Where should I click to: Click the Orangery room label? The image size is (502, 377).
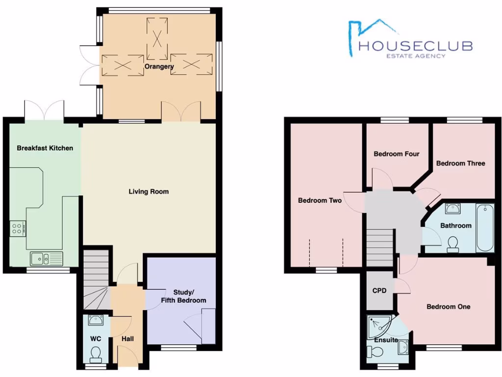pos(159,66)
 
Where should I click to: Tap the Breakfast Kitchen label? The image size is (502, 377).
pos(45,148)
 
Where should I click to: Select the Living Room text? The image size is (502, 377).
pos(149,191)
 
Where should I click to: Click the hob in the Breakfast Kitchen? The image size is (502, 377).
pos(18,228)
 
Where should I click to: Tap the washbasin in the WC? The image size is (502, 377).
pos(96,321)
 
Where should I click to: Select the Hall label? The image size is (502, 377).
pos(127,339)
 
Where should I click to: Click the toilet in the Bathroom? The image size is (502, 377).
pos(453,243)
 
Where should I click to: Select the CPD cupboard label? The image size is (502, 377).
pos(379,291)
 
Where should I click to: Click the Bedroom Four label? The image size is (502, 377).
pos(397,154)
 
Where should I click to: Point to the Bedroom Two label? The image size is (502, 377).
pos(320,200)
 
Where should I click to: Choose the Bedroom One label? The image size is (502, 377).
pos(448,307)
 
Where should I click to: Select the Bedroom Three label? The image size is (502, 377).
pos(460,163)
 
